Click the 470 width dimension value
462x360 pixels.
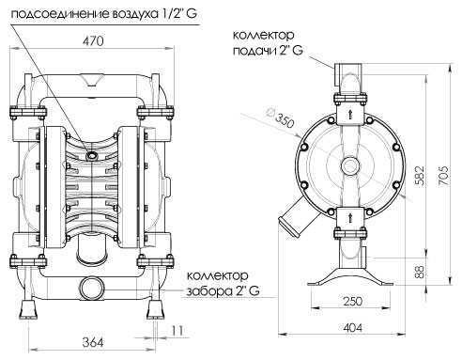[90, 42]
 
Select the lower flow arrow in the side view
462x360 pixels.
[348, 215]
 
